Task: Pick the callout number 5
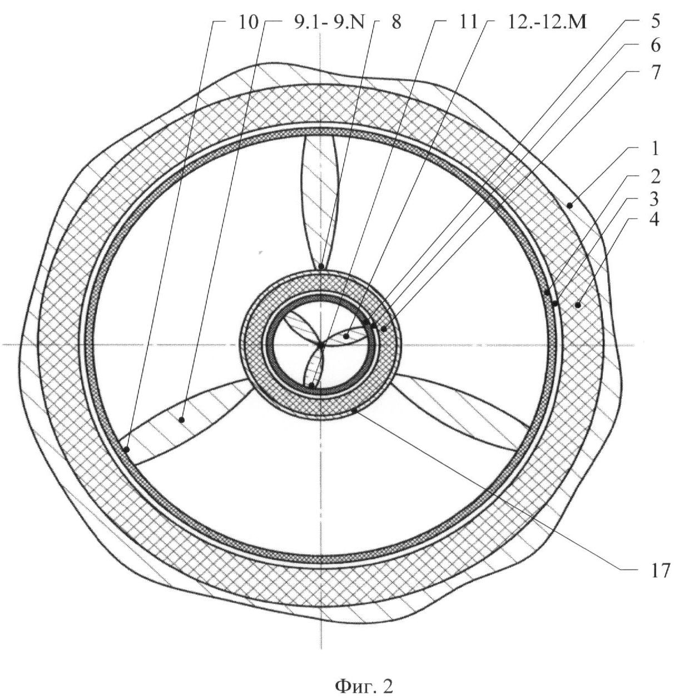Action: [x=655, y=22]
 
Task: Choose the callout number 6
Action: [x=655, y=46]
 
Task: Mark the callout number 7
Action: [x=655, y=73]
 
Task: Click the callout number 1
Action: [x=655, y=148]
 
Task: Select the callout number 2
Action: [x=655, y=177]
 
